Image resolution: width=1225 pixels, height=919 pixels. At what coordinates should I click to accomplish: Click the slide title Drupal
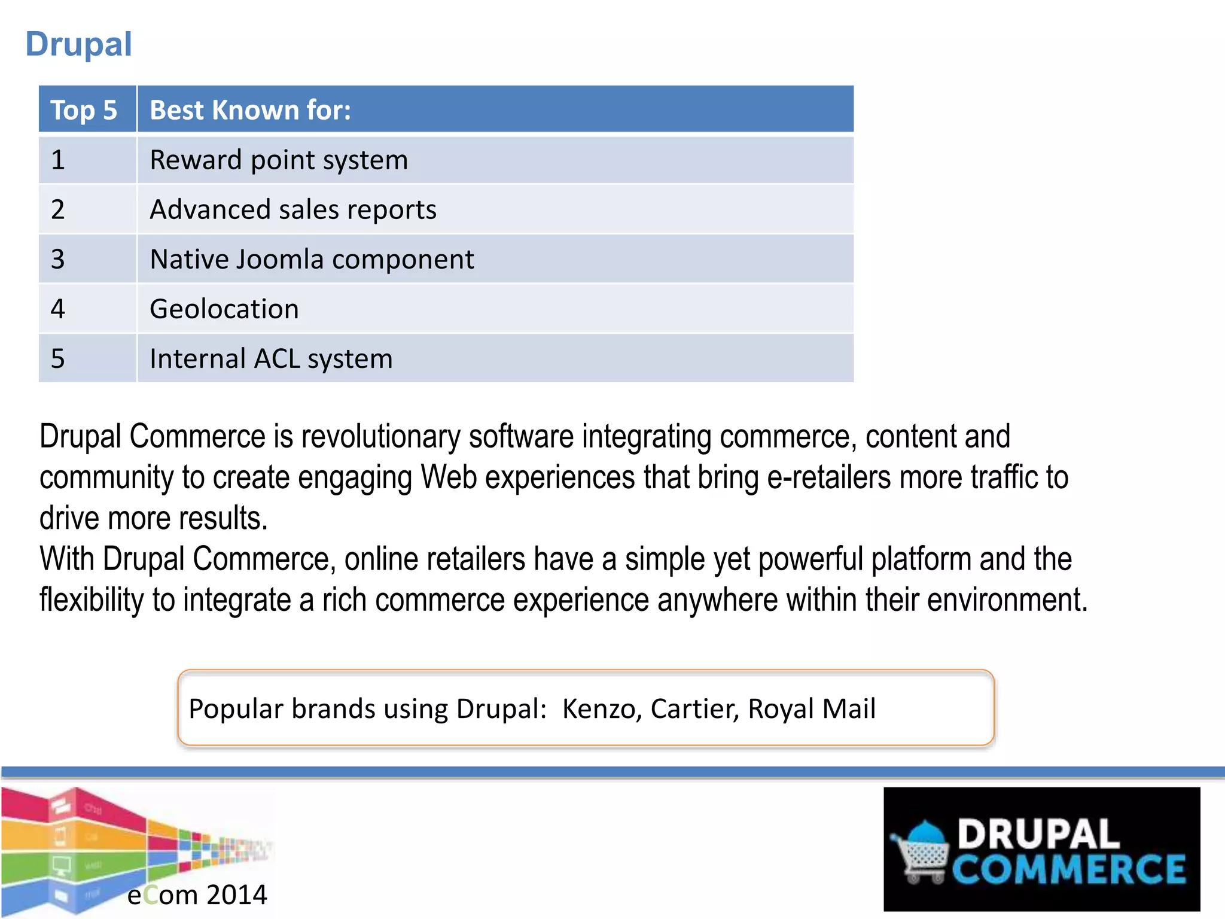78,44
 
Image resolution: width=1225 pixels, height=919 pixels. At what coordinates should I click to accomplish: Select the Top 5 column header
84,110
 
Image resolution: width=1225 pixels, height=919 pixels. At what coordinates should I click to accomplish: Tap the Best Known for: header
250,110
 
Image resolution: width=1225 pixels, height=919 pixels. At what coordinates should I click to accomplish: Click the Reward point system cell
279,160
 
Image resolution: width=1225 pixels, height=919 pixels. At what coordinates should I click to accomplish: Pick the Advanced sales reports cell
293,210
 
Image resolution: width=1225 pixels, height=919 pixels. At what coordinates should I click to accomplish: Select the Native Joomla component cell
312,260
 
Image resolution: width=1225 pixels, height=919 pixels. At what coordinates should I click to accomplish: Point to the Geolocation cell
224,309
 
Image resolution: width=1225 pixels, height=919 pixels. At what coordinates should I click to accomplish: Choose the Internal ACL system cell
271,359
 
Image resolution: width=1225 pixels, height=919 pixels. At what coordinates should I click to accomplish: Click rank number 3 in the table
57,260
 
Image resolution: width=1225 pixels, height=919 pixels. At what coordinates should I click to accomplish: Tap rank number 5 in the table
57,359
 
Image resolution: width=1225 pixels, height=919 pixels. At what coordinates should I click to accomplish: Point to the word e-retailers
828,477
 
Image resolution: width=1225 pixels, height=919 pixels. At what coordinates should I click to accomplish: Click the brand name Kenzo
602,709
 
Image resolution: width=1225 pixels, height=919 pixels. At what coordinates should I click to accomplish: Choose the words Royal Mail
812,709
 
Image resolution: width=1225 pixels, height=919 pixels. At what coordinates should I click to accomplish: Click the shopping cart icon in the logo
921,853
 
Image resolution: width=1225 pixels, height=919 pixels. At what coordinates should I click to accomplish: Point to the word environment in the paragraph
1007,600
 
